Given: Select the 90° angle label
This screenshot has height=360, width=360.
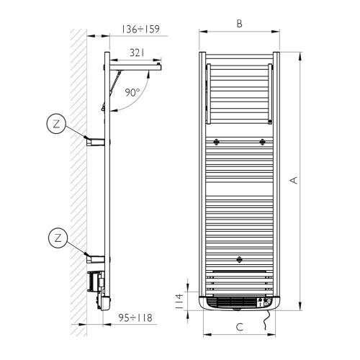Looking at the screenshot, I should point(132,92).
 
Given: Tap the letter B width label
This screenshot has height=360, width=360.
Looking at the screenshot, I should point(239,23).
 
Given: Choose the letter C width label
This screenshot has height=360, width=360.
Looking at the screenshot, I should point(239,327).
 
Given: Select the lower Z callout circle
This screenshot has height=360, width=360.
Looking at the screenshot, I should point(56,235).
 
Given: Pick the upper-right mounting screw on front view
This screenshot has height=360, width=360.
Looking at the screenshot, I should point(263,142).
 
